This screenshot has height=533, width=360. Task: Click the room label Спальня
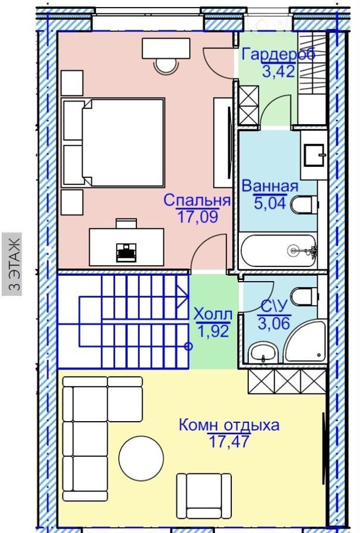pyautogui.click(x=197, y=200)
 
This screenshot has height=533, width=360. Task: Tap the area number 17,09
pyautogui.click(x=197, y=217)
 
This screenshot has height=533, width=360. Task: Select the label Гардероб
pyautogui.click(x=279, y=54)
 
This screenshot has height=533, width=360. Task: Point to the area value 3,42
pyautogui.click(x=279, y=71)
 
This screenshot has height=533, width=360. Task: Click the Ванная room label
pyautogui.click(x=270, y=186)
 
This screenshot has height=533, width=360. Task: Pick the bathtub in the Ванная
pyautogui.click(x=278, y=251)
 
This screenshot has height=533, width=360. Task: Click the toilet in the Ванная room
pyautogui.click(x=304, y=204)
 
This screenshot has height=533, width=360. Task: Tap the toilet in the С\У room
pyautogui.click(x=304, y=296)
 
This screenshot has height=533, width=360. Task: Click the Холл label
pyautogui.click(x=213, y=315)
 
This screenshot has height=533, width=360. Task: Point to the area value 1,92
pyautogui.click(x=213, y=331)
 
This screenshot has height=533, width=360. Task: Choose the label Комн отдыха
pyautogui.click(x=229, y=425)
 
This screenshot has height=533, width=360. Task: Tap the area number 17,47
pyautogui.click(x=229, y=442)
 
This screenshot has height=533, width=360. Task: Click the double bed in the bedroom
pyautogui.click(x=113, y=142)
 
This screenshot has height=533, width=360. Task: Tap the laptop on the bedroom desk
pyautogui.click(x=126, y=252)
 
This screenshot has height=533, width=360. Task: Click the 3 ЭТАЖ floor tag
pyautogui.click(x=12, y=264)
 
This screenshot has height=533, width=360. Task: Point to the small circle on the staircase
pyautogui.click(x=188, y=346)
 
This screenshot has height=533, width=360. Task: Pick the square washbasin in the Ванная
pyautogui.click(x=314, y=155)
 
